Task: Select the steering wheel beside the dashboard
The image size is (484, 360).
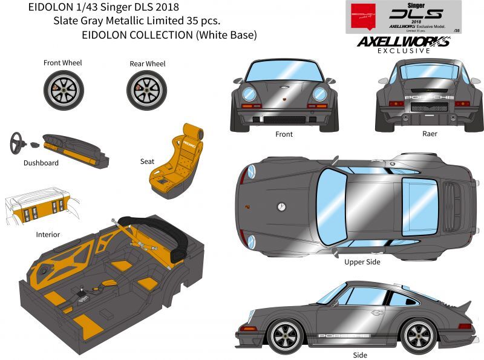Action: pos(18,143)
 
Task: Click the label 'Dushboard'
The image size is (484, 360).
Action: pos(41,163)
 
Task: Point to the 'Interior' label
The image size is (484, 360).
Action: pos(48,234)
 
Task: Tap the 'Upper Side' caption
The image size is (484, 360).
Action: pos(362,261)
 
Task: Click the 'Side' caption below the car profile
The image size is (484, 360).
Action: pos(359,355)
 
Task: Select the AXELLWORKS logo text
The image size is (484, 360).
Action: pos(403,42)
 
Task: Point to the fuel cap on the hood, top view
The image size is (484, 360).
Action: pos(281,206)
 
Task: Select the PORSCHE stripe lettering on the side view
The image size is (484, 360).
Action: pos(342,335)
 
